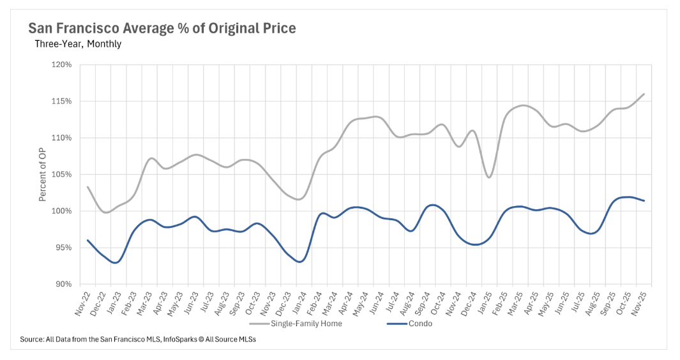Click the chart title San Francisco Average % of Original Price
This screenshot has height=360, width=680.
click(x=162, y=29)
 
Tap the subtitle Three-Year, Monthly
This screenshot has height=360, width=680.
click(x=78, y=44)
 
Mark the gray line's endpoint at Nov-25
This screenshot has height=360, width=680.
click(x=644, y=94)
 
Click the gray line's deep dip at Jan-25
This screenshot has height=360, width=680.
click(x=488, y=177)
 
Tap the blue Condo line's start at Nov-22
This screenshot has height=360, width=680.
click(x=87, y=240)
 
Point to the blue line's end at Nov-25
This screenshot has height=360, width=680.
click(x=644, y=200)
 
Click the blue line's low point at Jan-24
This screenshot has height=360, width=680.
click(x=299, y=261)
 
